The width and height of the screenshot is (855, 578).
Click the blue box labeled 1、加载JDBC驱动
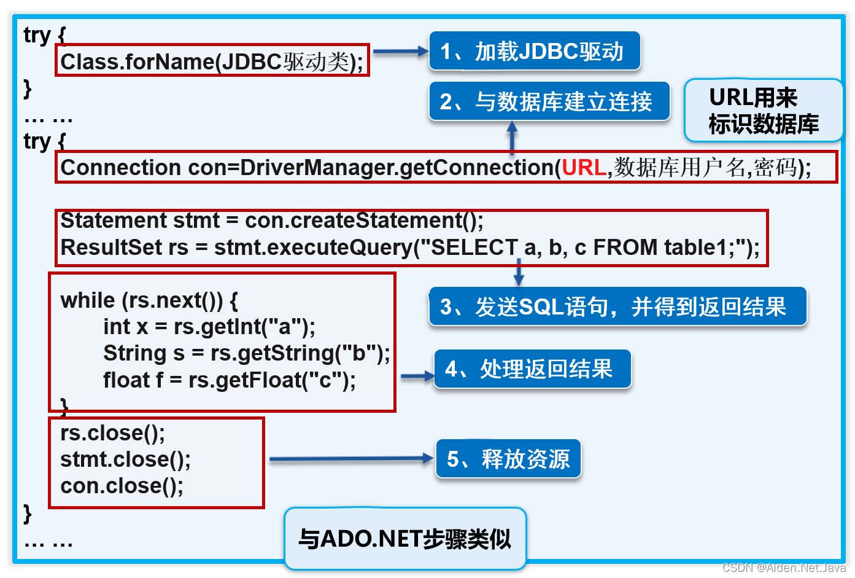[534, 52]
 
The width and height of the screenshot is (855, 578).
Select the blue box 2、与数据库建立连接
[549, 101]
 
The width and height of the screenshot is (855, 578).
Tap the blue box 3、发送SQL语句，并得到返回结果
[617, 307]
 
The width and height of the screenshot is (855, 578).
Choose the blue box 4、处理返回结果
[532, 369]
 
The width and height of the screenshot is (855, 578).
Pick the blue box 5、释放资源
[508, 459]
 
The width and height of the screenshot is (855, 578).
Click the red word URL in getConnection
[584, 168]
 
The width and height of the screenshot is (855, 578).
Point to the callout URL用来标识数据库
[764, 111]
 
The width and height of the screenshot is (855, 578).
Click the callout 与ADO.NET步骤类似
[405, 539]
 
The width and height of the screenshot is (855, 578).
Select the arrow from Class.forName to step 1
[400, 52]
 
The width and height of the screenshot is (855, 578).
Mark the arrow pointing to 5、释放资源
[350, 458]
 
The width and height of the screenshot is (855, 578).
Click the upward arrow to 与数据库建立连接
[512, 136]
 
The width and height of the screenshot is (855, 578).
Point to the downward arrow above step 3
[519, 272]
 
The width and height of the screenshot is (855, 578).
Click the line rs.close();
[113, 433]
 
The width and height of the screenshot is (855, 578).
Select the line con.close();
[122, 486]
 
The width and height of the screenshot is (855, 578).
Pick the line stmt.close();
[125, 459]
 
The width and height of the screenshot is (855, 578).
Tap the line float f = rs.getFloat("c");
[229, 380]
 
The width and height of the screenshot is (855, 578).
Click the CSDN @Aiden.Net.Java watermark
[784, 568]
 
